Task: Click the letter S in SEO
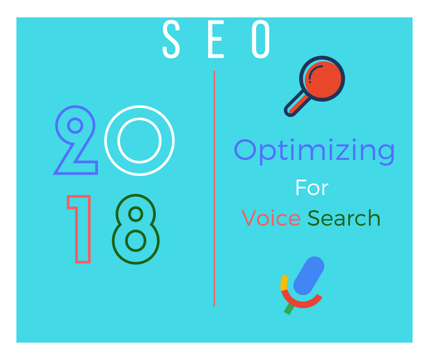[x=171, y=39]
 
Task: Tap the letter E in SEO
[x=216, y=39]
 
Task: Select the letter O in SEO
[x=261, y=39]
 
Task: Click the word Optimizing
[x=314, y=152]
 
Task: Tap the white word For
[x=312, y=188]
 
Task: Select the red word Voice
[x=271, y=217]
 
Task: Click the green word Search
[x=344, y=217]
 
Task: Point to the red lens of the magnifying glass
[x=323, y=79]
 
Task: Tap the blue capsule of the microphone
[x=309, y=275]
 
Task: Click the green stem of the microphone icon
[x=289, y=309]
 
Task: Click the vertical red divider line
[x=214, y=188]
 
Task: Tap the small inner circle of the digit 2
[x=75, y=126]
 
